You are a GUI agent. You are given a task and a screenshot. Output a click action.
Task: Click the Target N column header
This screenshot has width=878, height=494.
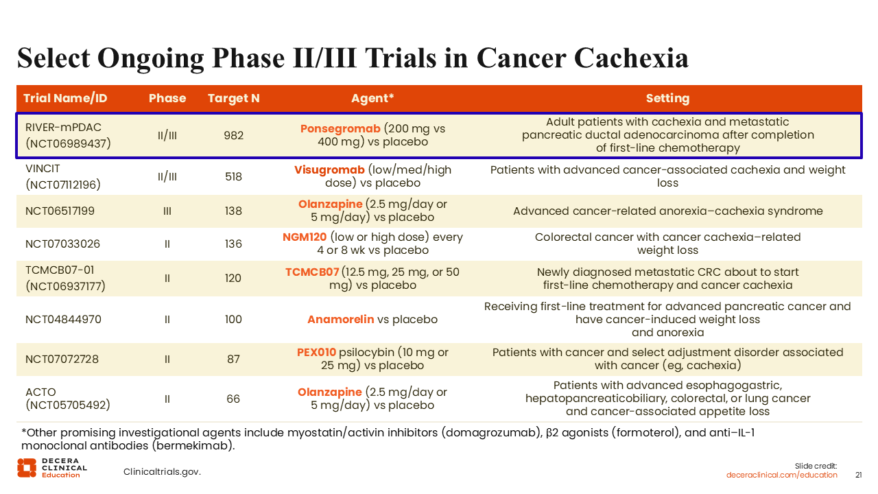tap(234, 98)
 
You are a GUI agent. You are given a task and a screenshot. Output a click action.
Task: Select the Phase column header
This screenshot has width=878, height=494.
tap(167, 98)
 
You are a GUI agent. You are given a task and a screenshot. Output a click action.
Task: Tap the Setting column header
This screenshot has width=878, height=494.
tap(667, 98)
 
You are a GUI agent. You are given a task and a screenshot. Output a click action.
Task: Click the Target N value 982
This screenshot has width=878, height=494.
tap(234, 135)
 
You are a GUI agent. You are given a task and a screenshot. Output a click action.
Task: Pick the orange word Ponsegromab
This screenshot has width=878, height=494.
tap(340, 128)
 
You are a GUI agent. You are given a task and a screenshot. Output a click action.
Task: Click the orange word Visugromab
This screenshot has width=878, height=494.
tap(329, 169)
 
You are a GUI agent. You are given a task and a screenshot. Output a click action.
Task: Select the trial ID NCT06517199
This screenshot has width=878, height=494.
tap(60, 211)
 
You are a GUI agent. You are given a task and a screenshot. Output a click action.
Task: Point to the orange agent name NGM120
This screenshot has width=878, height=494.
tap(305, 237)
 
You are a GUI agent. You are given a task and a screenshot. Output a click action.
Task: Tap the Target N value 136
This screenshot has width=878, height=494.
tap(233, 244)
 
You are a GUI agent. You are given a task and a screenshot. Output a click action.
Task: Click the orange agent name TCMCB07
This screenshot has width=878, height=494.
tap(312, 272)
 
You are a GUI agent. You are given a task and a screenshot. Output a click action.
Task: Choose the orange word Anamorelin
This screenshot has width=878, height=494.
tap(341, 320)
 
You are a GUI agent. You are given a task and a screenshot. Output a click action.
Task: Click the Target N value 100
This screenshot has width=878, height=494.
tap(233, 320)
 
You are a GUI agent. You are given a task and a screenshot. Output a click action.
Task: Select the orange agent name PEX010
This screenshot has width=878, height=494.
tap(316, 353)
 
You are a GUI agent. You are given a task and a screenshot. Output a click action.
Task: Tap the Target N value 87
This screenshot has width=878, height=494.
tap(233, 359)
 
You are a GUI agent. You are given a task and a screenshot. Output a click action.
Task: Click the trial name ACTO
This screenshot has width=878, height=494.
tap(40, 392)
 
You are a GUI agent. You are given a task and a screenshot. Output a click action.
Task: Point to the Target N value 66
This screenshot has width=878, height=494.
tap(233, 399)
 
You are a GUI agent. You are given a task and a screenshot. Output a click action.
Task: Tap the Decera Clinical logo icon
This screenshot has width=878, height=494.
tap(27, 468)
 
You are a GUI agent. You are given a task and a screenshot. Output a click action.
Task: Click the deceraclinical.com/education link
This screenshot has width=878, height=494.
tap(781, 475)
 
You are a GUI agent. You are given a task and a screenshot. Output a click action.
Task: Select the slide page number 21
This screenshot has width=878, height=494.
tap(858, 475)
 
